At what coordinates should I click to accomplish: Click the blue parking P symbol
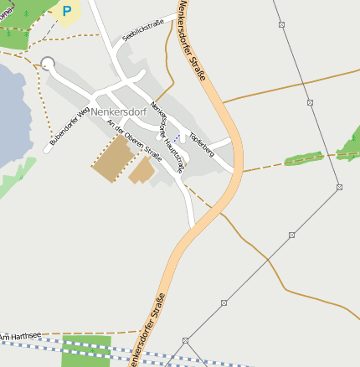click(x=67, y=12)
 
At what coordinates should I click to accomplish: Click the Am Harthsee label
click(x=20, y=337)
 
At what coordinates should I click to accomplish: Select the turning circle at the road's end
click(x=48, y=64)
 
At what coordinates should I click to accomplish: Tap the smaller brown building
click(x=141, y=171)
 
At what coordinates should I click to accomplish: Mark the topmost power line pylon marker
click(x=281, y=24)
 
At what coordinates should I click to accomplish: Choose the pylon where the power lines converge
click(x=186, y=341)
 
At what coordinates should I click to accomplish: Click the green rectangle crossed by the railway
click(x=85, y=351)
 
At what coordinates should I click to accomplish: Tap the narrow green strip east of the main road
click(x=303, y=158)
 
